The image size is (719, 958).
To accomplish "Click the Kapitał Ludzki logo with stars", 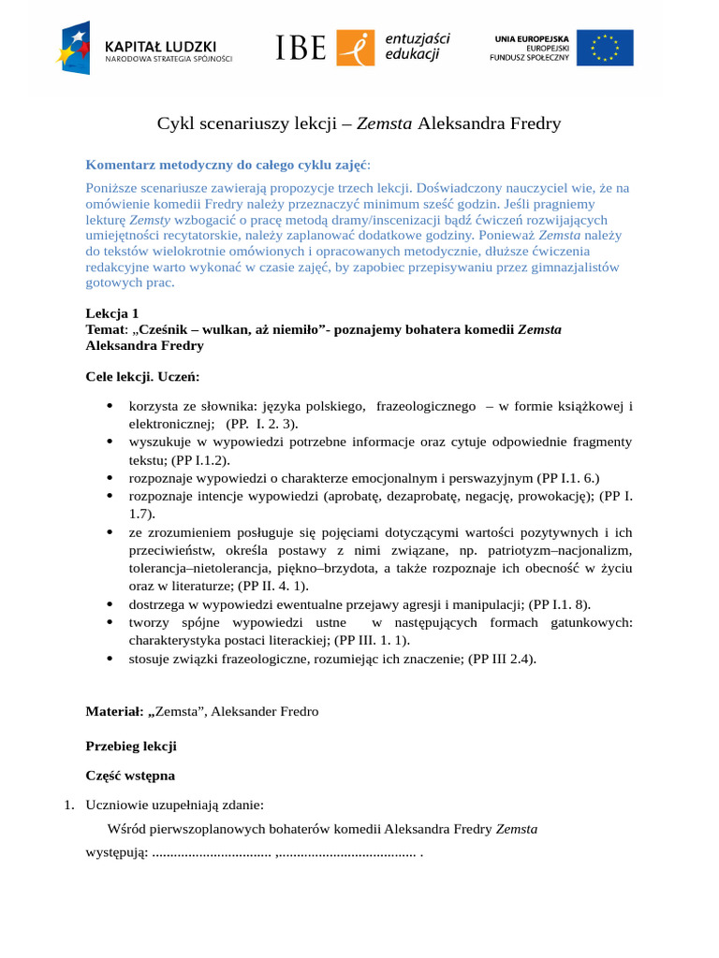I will pos(74,47).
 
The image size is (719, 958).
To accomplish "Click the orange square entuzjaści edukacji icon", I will pos(356,48).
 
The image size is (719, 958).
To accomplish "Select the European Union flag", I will pos(605,48).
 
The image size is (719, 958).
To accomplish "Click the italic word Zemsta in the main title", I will pos(385,123).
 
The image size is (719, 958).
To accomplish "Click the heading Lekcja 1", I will pos(112,313).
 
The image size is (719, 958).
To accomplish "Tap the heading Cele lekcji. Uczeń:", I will pos(142,377).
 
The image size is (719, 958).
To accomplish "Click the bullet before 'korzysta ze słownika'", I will pos(110,406).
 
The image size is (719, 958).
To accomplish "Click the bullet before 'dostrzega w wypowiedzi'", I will pos(110,604).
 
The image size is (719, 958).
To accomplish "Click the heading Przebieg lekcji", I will pos(131,747).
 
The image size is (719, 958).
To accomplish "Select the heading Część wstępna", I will pos(130,776).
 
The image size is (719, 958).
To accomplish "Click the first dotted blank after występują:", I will pos(212,853).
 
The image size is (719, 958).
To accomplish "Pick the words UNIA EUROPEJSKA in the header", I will pos(529,37).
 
